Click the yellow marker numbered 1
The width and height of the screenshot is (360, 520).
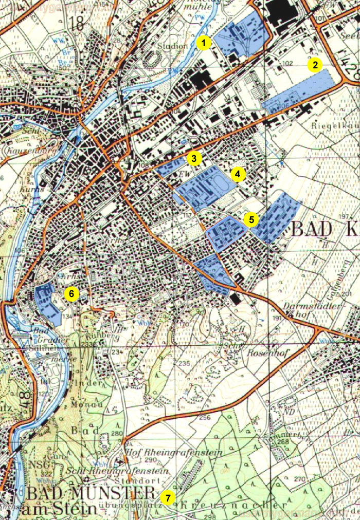click(204, 43)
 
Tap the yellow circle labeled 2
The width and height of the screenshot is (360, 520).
click(314, 65)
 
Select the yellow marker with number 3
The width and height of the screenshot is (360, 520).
click(193, 158)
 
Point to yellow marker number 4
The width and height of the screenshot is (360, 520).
click(237, 175)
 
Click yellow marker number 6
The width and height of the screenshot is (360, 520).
click(71, 294)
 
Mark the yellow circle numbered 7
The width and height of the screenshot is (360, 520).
click(168, 498)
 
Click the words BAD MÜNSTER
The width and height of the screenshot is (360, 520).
click(90, 494)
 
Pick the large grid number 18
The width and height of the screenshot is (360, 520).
click(78, 23)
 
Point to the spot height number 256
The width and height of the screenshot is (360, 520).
click(205, 417)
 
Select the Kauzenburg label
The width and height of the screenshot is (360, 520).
click(23, 151)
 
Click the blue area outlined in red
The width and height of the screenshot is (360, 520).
click(226, 233)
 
